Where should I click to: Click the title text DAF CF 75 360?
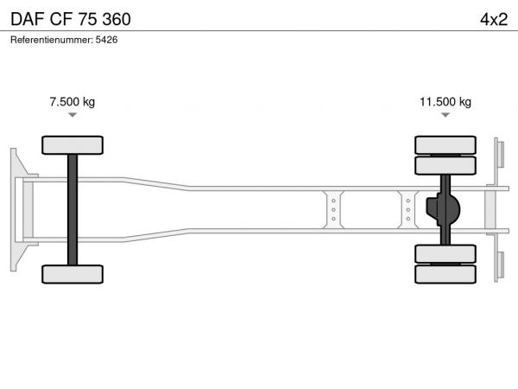click(x=71, y=19)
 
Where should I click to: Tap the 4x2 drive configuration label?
click(x=494, y=20)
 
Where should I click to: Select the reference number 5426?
click(x=106, y=40)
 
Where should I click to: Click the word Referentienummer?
click(x=51, y=40)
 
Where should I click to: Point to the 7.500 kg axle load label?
click(x=73, y=101)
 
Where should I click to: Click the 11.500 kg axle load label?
click(x=445, y=101)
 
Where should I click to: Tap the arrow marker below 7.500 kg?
click(x=73, y=115)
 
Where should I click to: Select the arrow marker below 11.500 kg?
click(x=445, y=115)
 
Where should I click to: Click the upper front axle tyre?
click(x=73, y=145)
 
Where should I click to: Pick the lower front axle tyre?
click(x=73, y=274)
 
